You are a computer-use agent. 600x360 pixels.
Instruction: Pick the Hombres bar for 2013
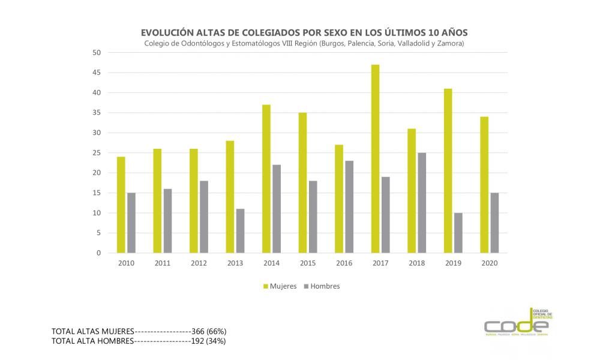coord(240,231)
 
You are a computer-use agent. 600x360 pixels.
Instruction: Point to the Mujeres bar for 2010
coord(121,205)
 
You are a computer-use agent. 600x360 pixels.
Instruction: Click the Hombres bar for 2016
coord(350,207)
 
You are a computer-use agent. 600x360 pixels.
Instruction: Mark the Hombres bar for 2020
coord(494,223)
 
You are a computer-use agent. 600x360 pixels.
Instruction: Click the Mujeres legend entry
coord(280,286)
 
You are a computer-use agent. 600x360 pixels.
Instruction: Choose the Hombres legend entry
coord(322,286)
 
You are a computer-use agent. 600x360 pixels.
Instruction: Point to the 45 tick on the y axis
coord(95,73)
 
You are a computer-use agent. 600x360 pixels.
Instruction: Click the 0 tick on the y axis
coord(98,253)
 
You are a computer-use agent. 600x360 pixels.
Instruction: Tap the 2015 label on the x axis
coord(308,263)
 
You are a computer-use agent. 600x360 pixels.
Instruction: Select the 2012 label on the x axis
coord(199,263)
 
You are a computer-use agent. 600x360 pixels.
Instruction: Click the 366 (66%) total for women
coord(208,331)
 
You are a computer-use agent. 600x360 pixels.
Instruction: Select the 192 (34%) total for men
coord(208,341)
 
